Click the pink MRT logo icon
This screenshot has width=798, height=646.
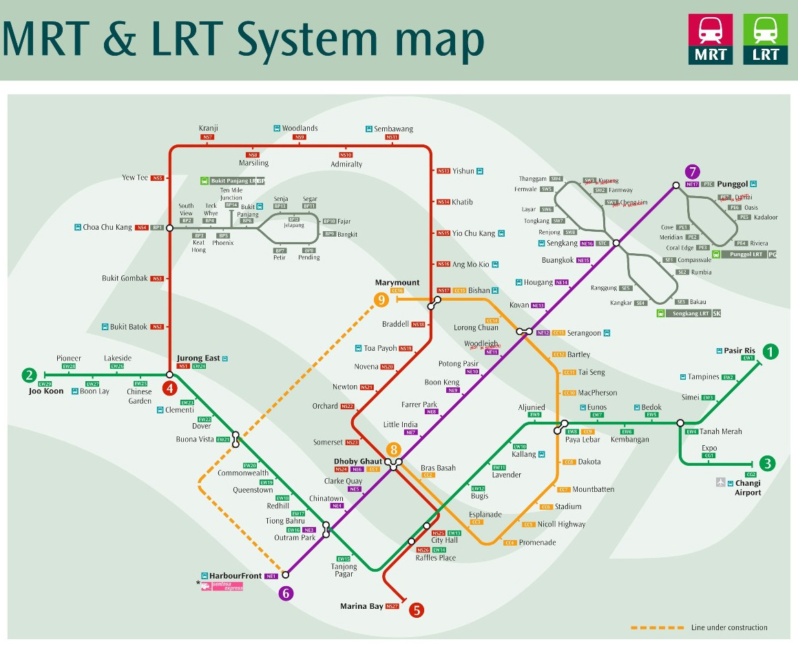coord(711,40)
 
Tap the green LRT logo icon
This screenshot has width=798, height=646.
coord(765,40)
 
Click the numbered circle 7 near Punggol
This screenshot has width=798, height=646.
coord(692,172)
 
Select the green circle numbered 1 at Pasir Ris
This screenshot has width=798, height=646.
coord(770,352)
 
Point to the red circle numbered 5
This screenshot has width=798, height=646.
coord(416,610)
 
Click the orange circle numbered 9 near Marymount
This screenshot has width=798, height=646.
coord(381,299)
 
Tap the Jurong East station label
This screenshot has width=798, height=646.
coord(198,358)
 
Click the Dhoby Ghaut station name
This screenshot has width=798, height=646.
coord(358,461)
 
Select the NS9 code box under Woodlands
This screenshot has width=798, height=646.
coord(300,138)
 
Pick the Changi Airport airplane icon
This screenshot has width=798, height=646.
coord(720,483)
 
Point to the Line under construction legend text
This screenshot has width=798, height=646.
coord(729,627)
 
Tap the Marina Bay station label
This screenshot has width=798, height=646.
coord(361,606)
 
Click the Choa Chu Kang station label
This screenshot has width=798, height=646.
coord(107,227)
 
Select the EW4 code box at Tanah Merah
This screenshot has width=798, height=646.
coord(691,431)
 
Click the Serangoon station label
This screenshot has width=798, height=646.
coord(583,333)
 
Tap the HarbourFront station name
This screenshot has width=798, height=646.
coord(236,576)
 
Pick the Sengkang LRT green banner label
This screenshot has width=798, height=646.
coord(691,313)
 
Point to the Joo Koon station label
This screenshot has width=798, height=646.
coord(46,391)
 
